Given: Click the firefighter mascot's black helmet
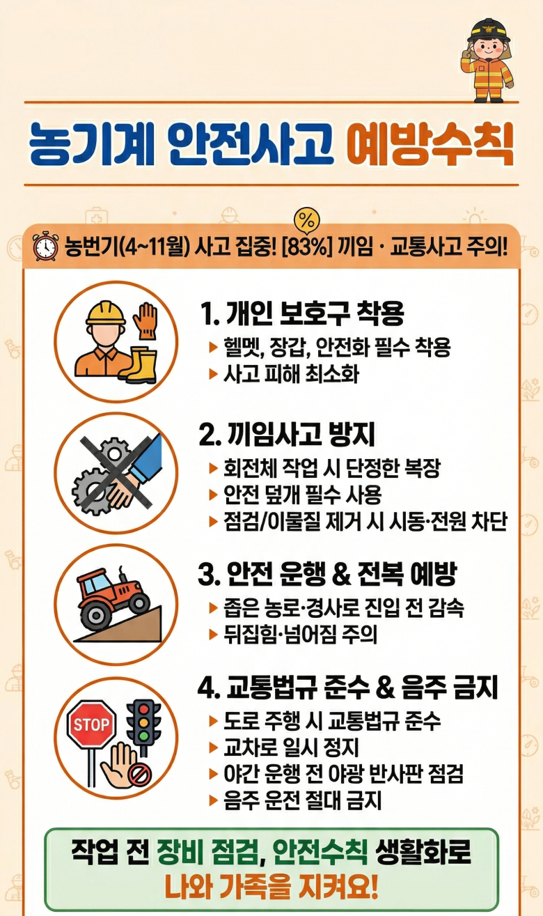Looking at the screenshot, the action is [x=489, y=30].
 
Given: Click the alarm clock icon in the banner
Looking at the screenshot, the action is [x=45, y=246].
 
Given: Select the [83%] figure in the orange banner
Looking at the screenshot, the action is [x=306, y=247].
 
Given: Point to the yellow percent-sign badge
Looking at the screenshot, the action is [x=306, y=222].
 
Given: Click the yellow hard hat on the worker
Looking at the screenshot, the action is [x=105, y=313].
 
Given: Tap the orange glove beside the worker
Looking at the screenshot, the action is [x=145, y=320].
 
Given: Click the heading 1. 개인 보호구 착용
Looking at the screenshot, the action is [x=302, y=313].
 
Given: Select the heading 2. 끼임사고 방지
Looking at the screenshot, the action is [x=287, y=434].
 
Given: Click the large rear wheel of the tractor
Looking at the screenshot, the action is [x=95, y=614].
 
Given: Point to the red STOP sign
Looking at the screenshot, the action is [x=91, y=724].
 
